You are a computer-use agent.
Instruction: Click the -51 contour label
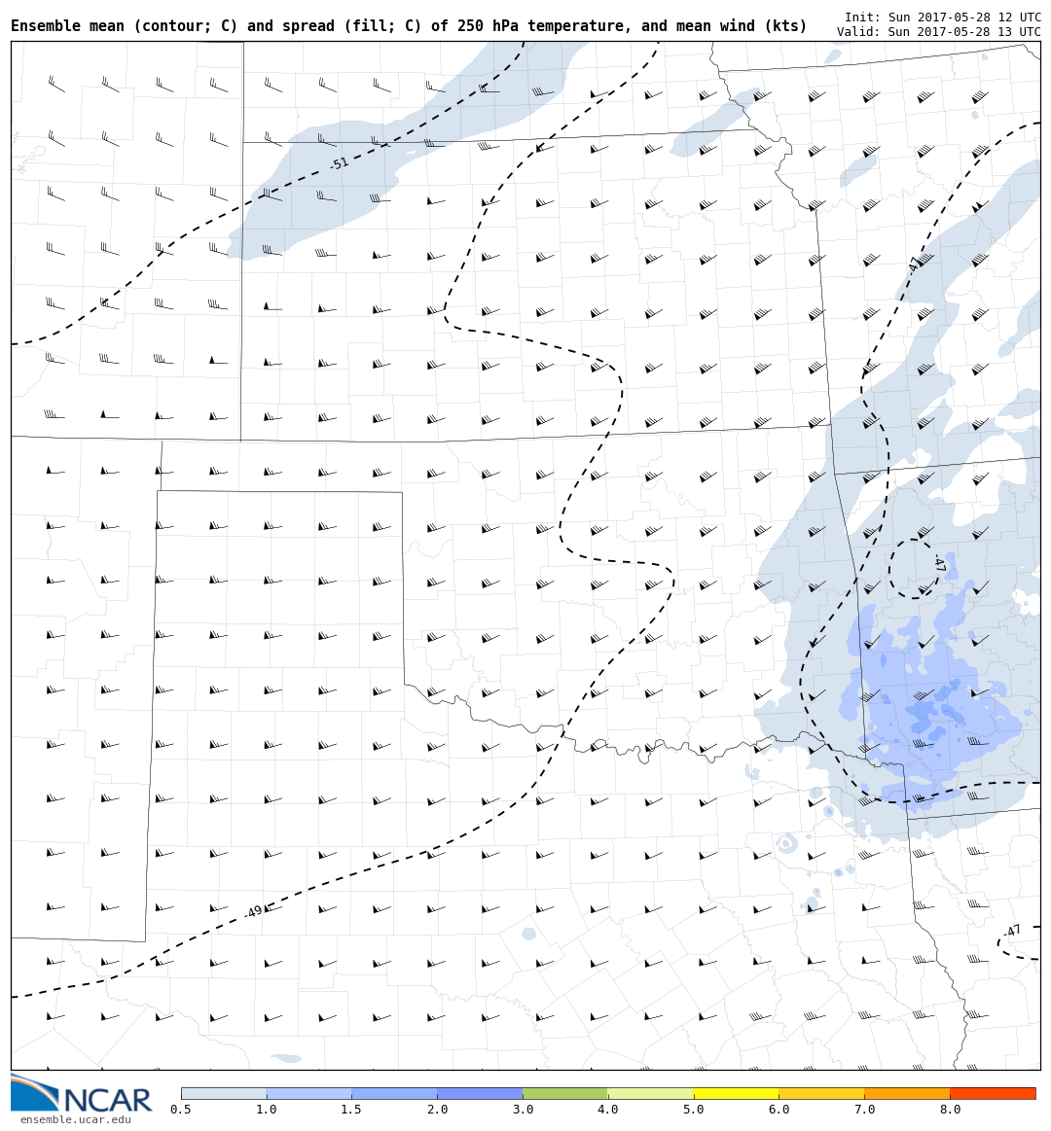click(340, 163)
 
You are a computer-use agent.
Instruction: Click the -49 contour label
click(254, 911)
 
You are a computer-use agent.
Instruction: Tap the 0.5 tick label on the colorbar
click(181, 1110)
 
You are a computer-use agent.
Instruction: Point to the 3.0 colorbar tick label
click(523, 1110)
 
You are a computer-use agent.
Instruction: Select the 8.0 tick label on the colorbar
click(950, 1110)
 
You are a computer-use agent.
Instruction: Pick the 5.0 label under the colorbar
click(694, 1110)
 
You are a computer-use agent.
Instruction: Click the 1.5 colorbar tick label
click(351, 1110)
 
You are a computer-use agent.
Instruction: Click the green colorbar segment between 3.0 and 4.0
click(565, 1093)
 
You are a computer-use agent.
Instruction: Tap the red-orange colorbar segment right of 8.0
click(993, 1093)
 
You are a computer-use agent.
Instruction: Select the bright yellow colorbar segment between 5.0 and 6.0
click(736, 1093)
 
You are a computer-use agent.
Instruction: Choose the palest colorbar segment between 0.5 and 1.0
click(224, 1093)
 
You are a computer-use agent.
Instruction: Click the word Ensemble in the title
click(43, 26)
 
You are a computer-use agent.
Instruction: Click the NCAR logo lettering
click(107, 1100)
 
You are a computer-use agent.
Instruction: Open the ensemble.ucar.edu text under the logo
click(75, 1120)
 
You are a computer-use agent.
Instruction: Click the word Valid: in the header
click(858, 32)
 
